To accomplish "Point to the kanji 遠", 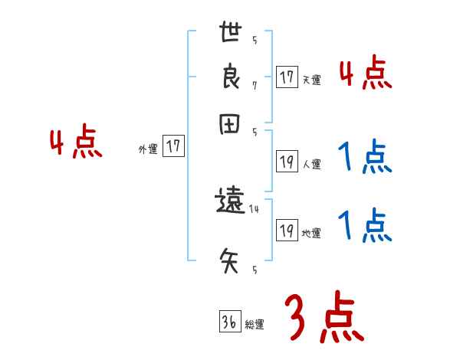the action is click(231, 202).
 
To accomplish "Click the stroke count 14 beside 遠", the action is click(254, 208).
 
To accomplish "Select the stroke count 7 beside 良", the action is click(254, 85).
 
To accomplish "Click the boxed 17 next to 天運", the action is click(287, 78).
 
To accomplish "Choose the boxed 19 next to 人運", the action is click(287, 162).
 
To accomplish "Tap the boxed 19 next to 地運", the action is click(287, 231).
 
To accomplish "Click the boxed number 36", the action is click(228, 322).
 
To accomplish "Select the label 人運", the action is click(311, 164).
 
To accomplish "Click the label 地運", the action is click(311, 233).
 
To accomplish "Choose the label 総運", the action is click(254, 325).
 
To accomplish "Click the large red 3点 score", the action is click(324, 316).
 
